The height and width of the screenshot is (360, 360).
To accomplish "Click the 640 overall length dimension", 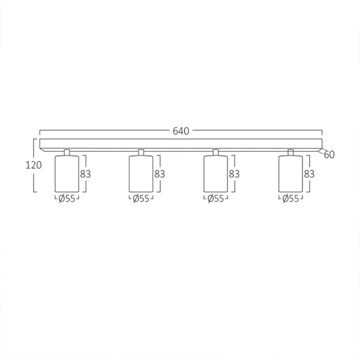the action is tap(181, 131).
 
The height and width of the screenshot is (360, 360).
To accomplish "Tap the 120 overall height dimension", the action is tap(34, 165).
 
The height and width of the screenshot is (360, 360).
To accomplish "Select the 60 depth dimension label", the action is tap(329, 155).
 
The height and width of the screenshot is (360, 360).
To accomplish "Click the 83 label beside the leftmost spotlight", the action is tap(85, 174).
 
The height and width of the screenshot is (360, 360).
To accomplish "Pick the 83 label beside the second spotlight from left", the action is tap(160, 174).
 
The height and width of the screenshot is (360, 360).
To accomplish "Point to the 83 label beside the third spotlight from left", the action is tap(234, 174).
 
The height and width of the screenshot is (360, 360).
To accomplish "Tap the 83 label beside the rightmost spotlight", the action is tap(309, 174).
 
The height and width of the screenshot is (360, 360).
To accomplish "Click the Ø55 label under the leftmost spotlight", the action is tap(67, 199).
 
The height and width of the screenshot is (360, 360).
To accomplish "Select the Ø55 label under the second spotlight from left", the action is tap(141, 199).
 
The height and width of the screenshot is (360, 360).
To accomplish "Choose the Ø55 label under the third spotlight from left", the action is tap(215, 199).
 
